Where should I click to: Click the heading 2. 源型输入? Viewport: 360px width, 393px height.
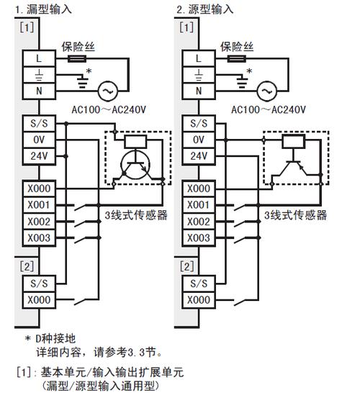(205, 10)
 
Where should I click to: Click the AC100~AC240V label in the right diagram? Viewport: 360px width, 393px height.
(265, 109)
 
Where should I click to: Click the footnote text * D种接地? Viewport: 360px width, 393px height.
(53, 338)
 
